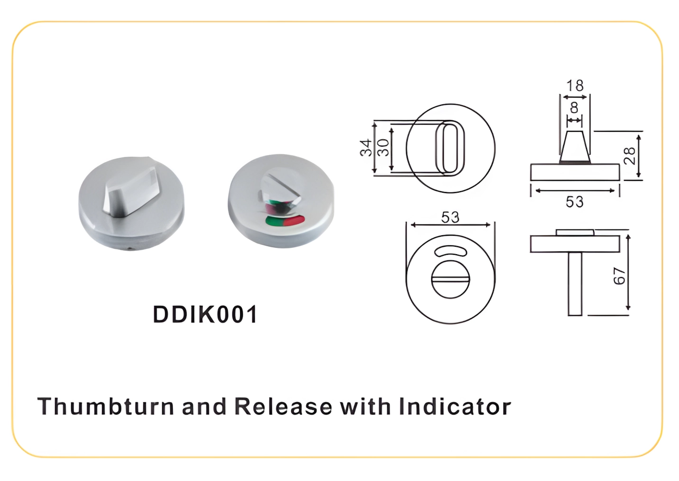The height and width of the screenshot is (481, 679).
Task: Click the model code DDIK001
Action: click(x=205, y=314)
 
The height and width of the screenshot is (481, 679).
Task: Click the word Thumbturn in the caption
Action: click(x=105, y=407)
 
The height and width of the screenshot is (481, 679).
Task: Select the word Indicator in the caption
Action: click(x=455, y=407)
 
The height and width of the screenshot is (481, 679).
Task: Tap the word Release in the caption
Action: click(x=283, y=407)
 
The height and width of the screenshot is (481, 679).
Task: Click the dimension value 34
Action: click(x=365, y=148)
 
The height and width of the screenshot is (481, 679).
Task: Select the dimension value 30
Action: click(x=383, y=148)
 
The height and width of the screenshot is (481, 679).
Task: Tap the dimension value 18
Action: click(x=575, y=85)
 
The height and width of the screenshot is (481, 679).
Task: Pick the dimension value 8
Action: click(x=574, y=108)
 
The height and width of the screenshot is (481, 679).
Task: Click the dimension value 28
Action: click(x=629, y=156)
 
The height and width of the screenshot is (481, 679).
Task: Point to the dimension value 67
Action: click(x=619, y=276)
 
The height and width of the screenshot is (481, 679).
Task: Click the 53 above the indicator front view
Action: click(x=450, y=217)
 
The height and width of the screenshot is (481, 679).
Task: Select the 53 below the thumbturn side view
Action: click(x=575, y=202)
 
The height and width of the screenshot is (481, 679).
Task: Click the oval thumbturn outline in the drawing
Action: click(x=450, y=148)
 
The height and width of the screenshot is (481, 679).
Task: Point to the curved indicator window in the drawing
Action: click(x=450, y=251)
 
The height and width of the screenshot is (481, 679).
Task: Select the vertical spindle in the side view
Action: click(x=575, y=283)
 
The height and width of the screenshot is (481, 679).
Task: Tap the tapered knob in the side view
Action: click(x=575, y=147)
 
